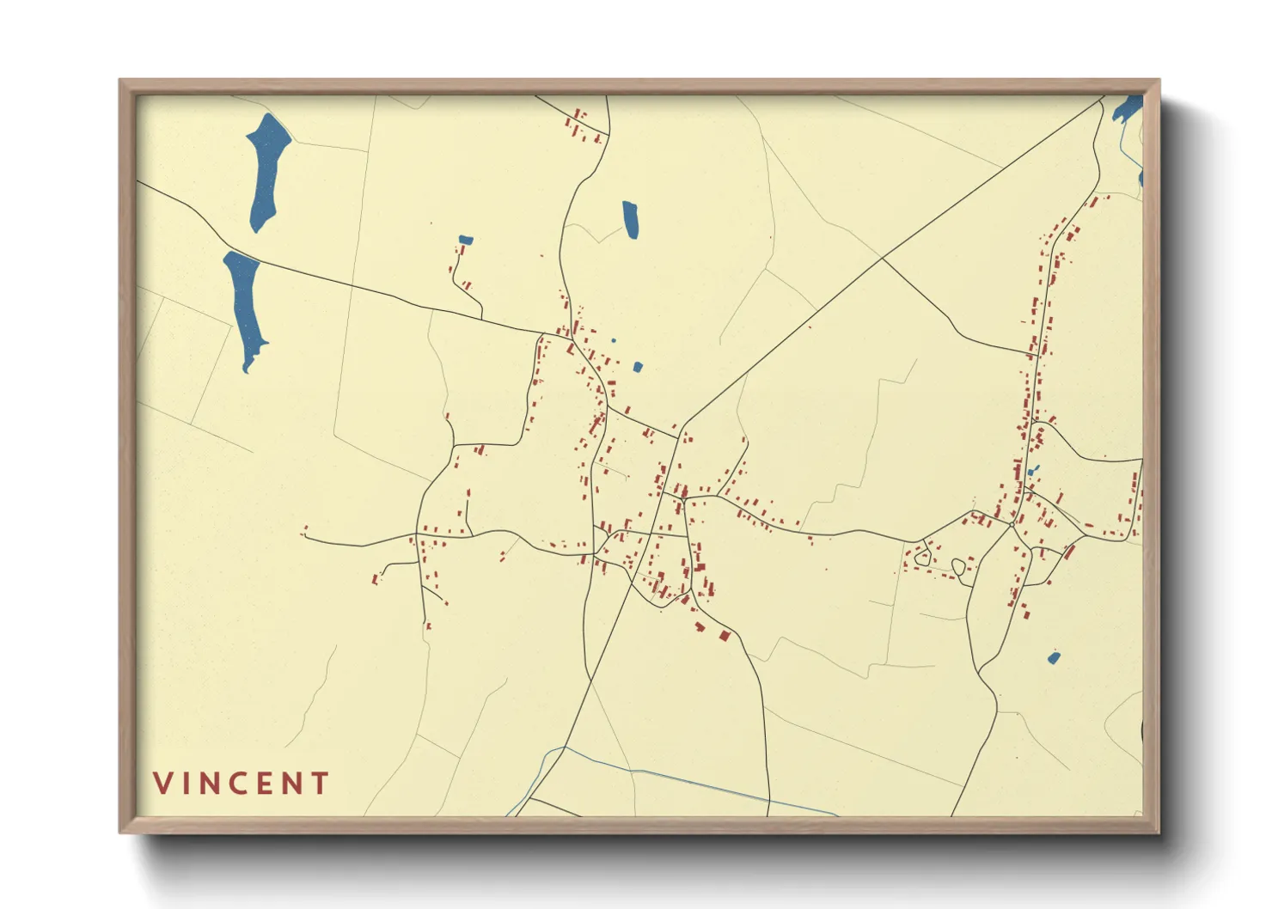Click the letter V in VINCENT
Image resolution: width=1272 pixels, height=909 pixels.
[x=163, y=783]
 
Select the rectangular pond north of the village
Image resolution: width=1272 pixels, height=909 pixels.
[x=631, y=220]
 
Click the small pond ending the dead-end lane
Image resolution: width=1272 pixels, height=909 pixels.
[x=465, y=240]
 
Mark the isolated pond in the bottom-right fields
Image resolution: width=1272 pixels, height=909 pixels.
[x=1054, y=658]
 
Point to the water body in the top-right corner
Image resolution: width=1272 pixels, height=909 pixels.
[x=1127, y=109]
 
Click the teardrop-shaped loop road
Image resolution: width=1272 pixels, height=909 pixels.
[x=958, y=566]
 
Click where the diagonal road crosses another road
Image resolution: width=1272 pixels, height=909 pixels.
[x=883, y=257]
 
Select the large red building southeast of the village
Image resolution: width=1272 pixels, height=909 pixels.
[x=724, y=636]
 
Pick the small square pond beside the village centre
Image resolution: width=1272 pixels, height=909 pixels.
[x=638, y=367]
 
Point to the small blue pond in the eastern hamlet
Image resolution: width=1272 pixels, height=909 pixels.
[x=1031, y=471]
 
